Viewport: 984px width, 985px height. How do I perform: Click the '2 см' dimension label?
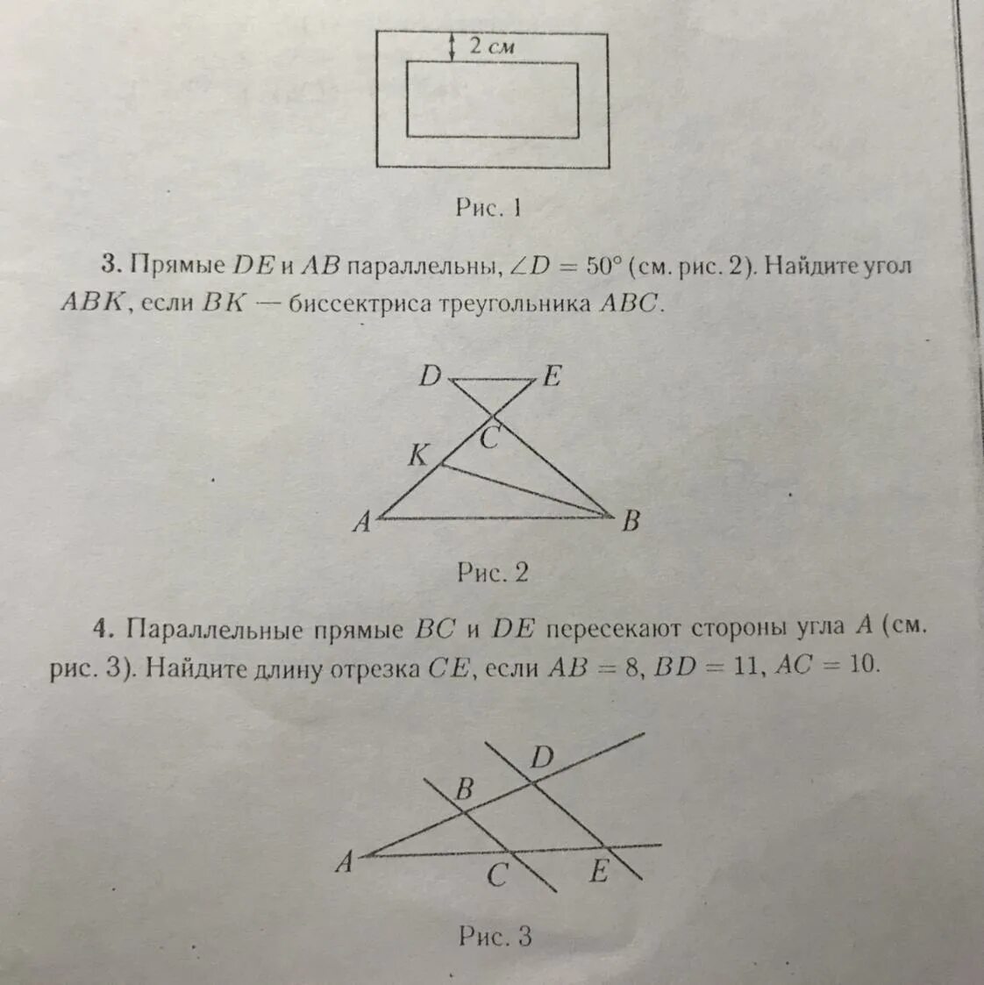pyautogui.click(x=490, y=47)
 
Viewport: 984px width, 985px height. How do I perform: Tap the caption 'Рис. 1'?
pyautogui.click(x=488, y=208)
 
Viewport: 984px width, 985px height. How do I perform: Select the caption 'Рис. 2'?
pyautogui.click(x=492, y=573)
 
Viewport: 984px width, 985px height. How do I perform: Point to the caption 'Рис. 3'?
pyautogui.click(x=495, y=937)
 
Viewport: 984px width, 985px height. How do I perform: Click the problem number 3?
pyautogui.click(x=110, y=264)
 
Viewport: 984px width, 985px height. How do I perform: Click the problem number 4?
pyautogui.click(x=107, y=629)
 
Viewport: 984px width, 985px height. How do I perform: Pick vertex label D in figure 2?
pyautogui.click(x=429, y=377)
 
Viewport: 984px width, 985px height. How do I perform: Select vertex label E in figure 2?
pyautogui.click(x=552, y=377)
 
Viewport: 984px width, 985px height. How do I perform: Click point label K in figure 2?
pyautogui.click(x=418, y=455)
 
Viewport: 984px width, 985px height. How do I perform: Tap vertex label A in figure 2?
pyautogui.click(x=361, y=523)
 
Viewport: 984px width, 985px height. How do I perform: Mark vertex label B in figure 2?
pyautogui.click(x=630, y=522)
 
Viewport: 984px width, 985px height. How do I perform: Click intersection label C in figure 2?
pyautogui.click(x=489, y=437)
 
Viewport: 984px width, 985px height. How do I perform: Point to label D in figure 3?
pyautogui.click(x=542, y=757)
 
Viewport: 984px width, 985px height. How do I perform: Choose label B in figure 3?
pyautogui.click(x=464, y=789)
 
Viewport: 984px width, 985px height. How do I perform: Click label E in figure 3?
pyautogui.click(x=598, y=872)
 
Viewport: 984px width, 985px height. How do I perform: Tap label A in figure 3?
pyautogui.click(x=344, y=863)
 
